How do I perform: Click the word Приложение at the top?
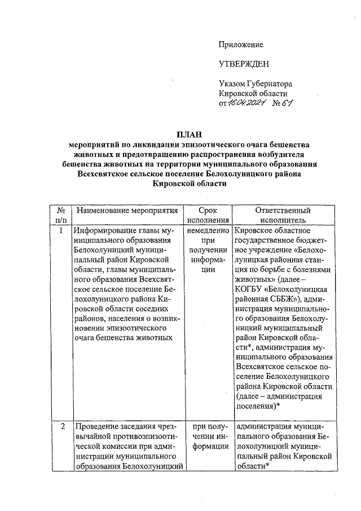click(x=241, y=44)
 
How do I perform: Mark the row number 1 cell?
click(x=60, y=230)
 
